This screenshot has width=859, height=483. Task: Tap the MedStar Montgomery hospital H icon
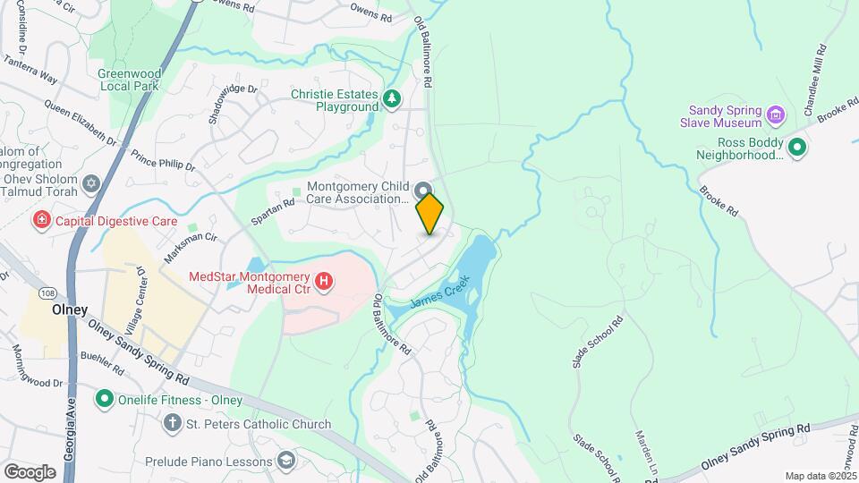click(325, 283)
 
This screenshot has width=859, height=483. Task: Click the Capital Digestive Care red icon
click(41, 220)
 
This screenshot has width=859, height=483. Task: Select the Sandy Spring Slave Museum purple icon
click(776, 114)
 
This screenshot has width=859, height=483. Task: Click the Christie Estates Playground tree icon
click(391, 98)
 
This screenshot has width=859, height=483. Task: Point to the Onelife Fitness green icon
click(105, 399)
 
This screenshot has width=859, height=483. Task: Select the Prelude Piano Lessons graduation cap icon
click(286, 462)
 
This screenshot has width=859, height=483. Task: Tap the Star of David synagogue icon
click(89, 184)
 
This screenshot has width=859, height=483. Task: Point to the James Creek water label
click(439, 292)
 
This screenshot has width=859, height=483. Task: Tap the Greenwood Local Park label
click(128, 80)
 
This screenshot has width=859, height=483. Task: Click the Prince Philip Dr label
click(163, 157)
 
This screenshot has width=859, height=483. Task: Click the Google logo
click(30, 471)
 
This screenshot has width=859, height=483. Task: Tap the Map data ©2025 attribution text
click(820, 476)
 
